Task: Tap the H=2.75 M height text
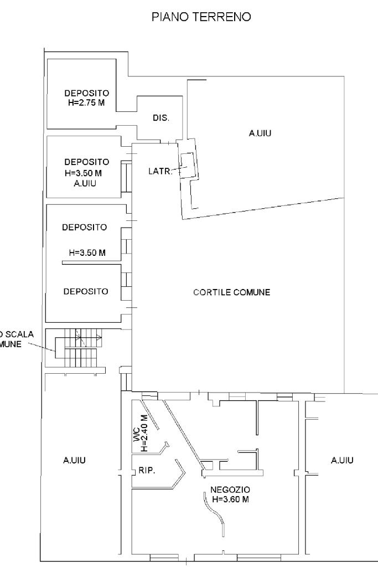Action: click(x=86, y=102)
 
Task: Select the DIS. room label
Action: click(x=160, y=118)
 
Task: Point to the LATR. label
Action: click(x=160, y=172)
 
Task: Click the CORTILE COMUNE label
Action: click(x=231, y=292)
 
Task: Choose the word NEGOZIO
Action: click(x=230, y=489)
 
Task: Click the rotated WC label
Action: click(x=136, y=436)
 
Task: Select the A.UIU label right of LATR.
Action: click(x=262, y=133)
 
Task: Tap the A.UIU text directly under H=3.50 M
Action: click(x=86, y=183)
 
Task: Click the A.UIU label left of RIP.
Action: click(x=74, y=460)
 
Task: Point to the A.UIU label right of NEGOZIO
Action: click(x=343, y=460)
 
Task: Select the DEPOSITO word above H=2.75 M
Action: click(x=86, y=92)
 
